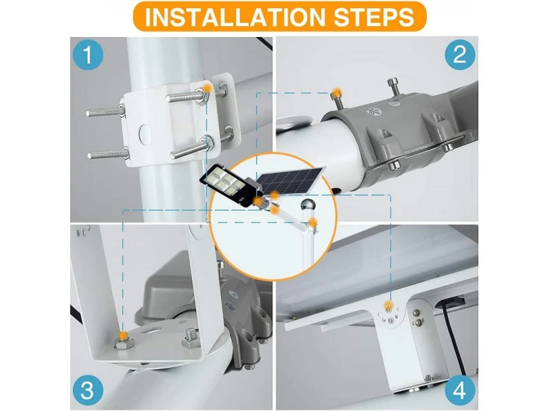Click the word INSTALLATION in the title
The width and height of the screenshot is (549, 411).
coord(235,16)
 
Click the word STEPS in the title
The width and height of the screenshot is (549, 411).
coord(374,16)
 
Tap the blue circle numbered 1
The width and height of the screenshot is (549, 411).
coord(88,55)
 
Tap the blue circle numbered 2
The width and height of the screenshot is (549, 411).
coord(460,55)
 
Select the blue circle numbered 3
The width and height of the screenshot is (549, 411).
coord(88,390)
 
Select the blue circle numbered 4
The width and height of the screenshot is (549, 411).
coord(460,390)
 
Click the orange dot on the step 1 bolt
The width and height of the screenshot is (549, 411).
coord(207,88)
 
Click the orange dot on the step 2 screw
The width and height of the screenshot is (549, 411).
coord(337,93)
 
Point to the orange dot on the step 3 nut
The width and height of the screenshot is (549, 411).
coord(122,336)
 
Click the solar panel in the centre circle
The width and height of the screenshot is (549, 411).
coord(290,180)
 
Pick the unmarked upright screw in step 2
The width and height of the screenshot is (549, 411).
coord(392,89)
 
